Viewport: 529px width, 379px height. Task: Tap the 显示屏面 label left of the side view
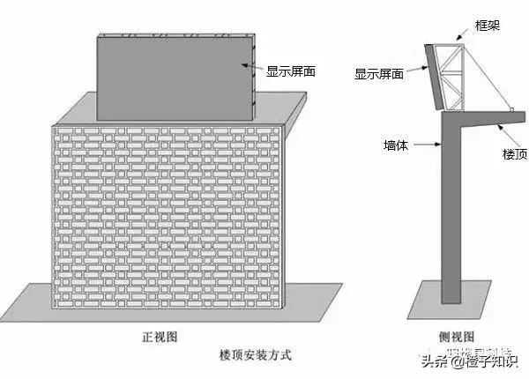(x=379, y=75)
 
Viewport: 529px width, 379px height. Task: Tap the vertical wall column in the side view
(x=453, y=212)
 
